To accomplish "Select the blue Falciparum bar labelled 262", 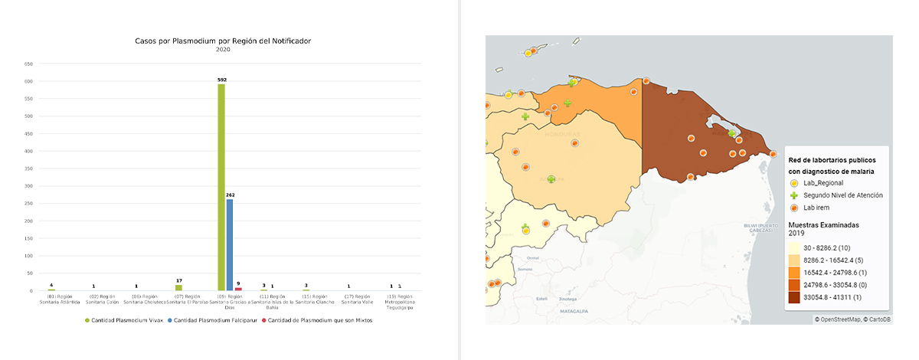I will tap(230, 245).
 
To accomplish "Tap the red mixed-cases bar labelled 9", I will tap(238, 289).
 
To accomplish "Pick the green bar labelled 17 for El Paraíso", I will tap(178, 287).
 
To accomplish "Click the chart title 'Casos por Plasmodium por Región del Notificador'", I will tap(223, 40).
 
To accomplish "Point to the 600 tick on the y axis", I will tap(28, 82).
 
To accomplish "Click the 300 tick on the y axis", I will tap(28, 187).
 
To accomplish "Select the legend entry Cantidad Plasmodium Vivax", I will tap(119, 320).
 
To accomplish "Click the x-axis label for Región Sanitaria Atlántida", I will tap(60, 299).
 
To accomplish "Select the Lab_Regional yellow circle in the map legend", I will tap(794, 183).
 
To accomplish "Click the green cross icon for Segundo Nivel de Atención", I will tap(794, 195).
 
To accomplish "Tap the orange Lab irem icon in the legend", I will tap(794, 208).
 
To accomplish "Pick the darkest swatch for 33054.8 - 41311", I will tap(794, 297).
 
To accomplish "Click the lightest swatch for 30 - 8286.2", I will tap(794, 248).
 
